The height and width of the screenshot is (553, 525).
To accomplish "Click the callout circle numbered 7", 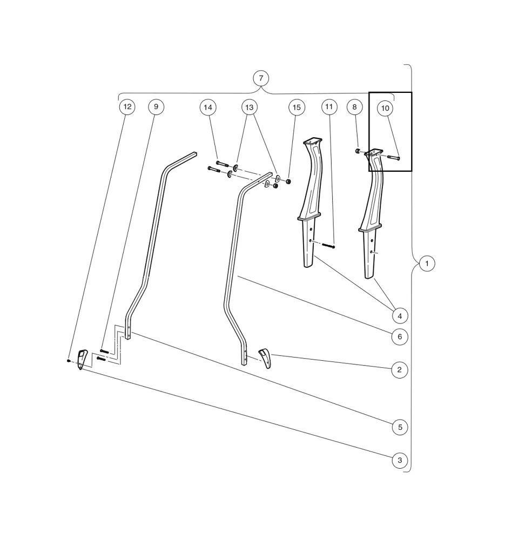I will pyautogui.click(x=261, y=78).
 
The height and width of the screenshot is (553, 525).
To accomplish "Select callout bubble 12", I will pyautogui.click(x=127, y=107).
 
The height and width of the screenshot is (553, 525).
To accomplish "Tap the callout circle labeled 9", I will pyautogui.click(x=156, y=107).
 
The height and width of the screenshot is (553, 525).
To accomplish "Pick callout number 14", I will pyautogui.click(x=208, y=107).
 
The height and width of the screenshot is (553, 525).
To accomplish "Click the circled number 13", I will pyautogui.click(x=249, y=107).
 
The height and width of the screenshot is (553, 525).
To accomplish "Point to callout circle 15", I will pyautogui.click(x=296, y=107).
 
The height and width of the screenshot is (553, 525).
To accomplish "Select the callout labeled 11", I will pyautogui.click(x=329, y=107).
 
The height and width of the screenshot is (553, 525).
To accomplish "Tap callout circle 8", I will pyautogui.click(x=354, y=107).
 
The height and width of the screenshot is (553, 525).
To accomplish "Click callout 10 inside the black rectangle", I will pyautogui.click(x=385, y=109).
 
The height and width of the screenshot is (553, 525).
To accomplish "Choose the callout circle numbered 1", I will pyautogui.click(x=427, y=264).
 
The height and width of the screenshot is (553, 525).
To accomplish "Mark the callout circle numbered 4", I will pyautogui.click(x=400, y=315).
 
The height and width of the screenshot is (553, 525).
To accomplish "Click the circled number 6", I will pyautogui.click(x=400, y=337).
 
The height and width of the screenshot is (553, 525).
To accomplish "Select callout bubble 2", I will pyautogui.click(x=399, y=370).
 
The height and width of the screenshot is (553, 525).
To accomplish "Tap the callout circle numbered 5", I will pyautogui.click(x=400, y=427).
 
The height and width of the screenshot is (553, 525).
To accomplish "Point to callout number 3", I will pyautogui.click(x=400, y=461).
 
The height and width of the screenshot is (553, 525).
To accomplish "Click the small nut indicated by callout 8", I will pyautogui.click(x=358, y=150).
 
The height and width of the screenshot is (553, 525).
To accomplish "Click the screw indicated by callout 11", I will pyautogui.click(x=329, y=246).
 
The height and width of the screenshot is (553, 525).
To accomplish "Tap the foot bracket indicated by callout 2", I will pyautogui.click(x=265, y=357).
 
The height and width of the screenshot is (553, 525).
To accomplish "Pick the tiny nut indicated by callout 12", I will pyautogui.click(x=69, y=361).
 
